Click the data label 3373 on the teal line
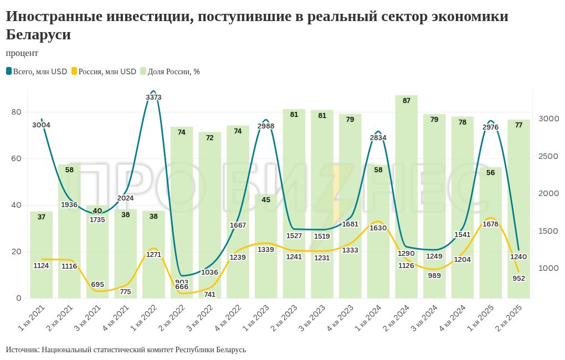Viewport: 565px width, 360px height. pos(153,97)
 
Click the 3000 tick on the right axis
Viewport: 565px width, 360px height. pos(548,119)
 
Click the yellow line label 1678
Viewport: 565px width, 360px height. pos(491,224)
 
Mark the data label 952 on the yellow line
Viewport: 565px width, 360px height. pos(518,279)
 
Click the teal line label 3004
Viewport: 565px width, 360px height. pos(41,125)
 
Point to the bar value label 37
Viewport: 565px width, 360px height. pos(41,217)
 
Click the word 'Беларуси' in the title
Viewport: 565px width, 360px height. pos(38,34)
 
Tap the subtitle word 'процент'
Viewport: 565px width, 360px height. pos(22,53)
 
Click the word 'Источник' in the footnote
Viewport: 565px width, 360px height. pos(22,350)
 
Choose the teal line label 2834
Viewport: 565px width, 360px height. pos(378,138)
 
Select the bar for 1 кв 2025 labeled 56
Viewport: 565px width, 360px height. pos(490,233)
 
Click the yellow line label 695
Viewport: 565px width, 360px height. pos(97,285)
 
